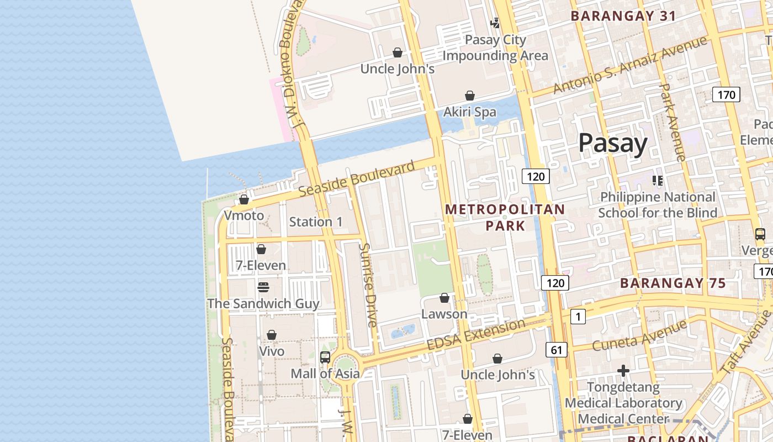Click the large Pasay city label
pos(612,143)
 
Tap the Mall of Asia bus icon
pos(325,357)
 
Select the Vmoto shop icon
pos(244,199)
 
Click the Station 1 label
pos(316,222)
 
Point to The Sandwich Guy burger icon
pos(263,287)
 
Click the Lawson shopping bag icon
pos(444,298)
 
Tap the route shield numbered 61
pos(556,349)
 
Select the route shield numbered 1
pos(577,317)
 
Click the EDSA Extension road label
pos(476,334)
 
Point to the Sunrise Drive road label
pos(368,285)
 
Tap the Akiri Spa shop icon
pos(470,96)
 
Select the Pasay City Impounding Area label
pos(495,48)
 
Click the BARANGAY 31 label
pos(623,16)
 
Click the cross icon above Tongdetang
pos(623,371)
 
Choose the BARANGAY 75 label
pos(673,283)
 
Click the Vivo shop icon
pos(272,335)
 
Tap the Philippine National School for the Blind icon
pos(657,180)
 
